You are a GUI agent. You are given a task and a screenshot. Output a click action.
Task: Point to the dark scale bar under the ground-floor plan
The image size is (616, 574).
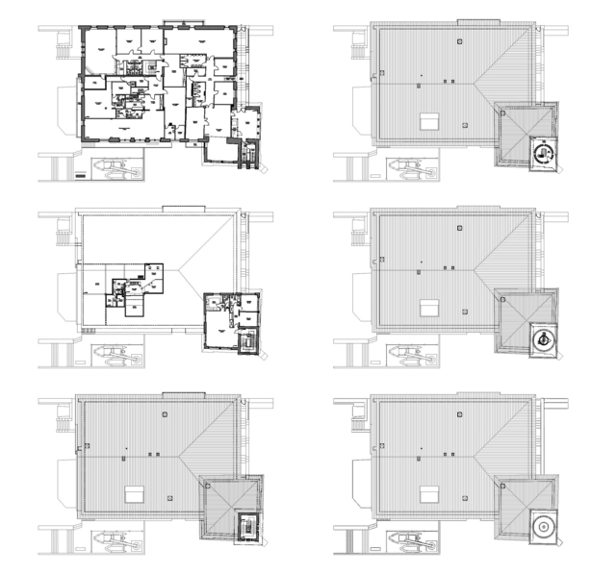coord(79,175)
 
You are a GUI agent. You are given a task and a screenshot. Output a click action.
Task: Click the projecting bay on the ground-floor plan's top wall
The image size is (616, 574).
coord(177,22)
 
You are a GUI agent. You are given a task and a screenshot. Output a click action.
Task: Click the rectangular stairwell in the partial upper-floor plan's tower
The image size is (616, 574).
coord(248,339)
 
